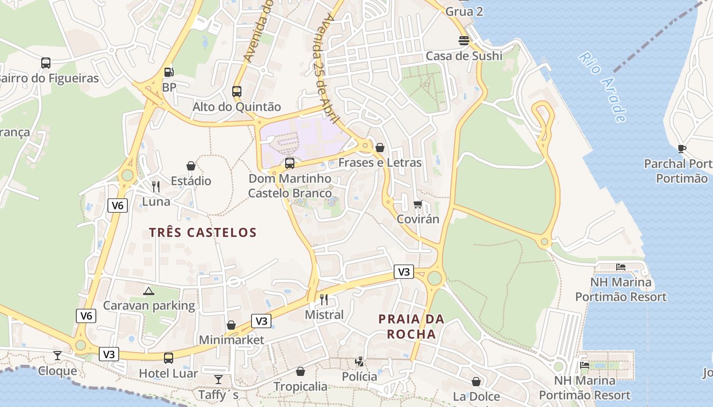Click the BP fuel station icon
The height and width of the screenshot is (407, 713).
(x=169, y=72)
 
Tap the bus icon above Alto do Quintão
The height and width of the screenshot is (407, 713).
(x=237, y=92)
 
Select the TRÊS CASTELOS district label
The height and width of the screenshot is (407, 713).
(x=203, y=232)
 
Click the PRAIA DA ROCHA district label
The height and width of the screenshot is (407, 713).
(x=411, y=327)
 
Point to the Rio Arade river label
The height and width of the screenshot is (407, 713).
(x=602, y=86)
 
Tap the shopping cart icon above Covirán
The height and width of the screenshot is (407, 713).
(x=418, y=204)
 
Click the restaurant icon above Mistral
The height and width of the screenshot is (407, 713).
(x=324, y=299)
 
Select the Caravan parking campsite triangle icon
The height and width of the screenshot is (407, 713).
(x=148, y=291)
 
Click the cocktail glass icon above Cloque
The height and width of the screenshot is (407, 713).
(x=58, y=355)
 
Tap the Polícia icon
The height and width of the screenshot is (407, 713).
(x=360, y=362)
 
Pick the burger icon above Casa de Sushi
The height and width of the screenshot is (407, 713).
(x=464, y=41)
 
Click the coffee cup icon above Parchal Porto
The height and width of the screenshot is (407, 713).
(x=682, y=149)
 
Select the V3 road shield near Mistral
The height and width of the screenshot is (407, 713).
(x=261, y=321)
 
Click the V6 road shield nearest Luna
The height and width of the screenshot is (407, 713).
(x=118, y=206)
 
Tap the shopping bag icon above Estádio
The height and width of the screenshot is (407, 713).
(x=191, y=166)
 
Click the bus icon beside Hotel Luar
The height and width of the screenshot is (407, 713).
(x=169, y=358)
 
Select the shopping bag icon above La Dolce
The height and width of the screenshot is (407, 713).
(x=476, y=381)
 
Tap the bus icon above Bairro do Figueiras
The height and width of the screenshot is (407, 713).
(x=46, y=63)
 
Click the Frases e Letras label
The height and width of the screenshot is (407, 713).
(x=380, y=163)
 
